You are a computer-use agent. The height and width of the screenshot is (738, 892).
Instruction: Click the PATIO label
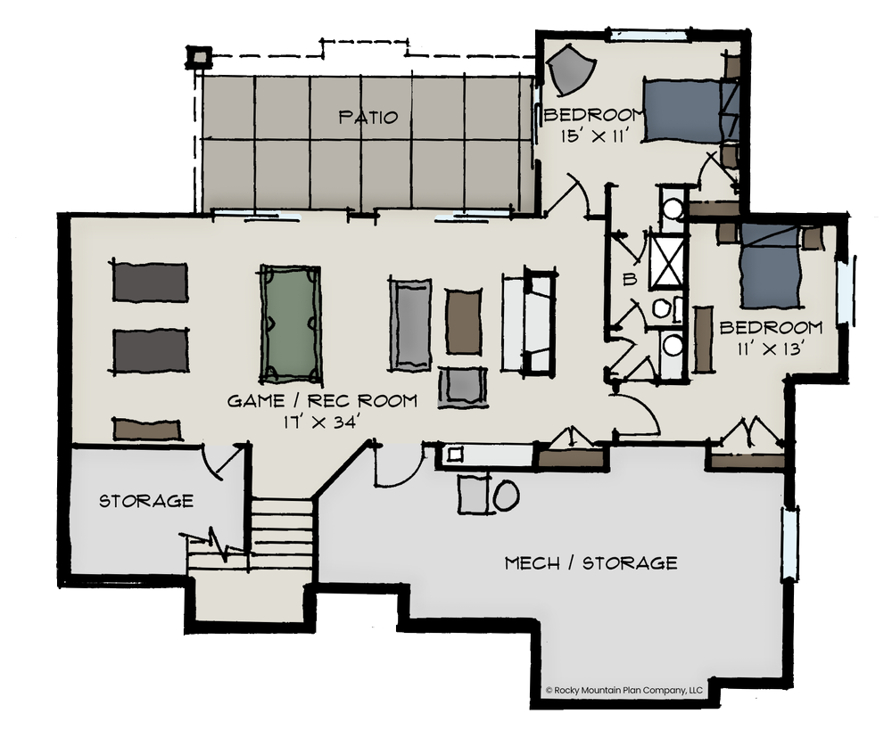tap(368, 117)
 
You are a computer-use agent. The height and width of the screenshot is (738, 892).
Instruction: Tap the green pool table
tap(290, 324)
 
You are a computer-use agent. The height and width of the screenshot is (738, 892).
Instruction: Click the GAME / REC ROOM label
tap(322, 400)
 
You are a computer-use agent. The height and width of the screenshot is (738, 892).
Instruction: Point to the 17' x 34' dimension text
tap(321, 422)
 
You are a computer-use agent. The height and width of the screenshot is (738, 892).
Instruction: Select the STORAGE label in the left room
tap(146, 500)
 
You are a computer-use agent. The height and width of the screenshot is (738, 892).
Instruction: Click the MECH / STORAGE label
tap(591, 563)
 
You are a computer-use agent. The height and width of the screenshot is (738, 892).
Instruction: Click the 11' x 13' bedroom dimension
tap(770, 348)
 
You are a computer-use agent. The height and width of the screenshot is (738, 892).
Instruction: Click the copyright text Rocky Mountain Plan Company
tap(624, 690)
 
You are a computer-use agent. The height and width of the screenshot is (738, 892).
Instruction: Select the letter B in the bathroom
tap(629, 279)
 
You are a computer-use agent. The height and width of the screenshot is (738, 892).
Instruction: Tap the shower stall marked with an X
tap(666, 261)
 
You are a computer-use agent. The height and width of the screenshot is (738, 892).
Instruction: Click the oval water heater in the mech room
tap(505, 495)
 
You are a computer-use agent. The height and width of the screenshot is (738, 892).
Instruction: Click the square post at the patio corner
tap(199, 57)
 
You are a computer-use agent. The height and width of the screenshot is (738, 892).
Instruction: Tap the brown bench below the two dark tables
tap(147, 430)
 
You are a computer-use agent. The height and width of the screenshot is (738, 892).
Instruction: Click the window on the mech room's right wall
tap(789, 543)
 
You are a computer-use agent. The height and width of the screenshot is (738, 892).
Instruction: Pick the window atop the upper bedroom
tap(648, 35)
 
